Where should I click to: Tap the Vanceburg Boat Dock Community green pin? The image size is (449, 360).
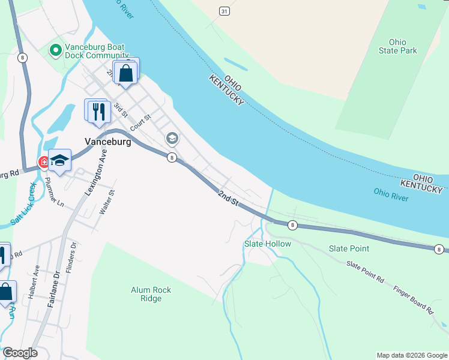[x=56, y=50]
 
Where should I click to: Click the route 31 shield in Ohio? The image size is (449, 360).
[x=224, y=11]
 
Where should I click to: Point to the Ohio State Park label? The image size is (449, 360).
[x=397, y=46]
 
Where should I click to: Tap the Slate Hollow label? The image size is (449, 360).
[x=267, y=244]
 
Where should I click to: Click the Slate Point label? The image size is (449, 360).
[x=349, y=248]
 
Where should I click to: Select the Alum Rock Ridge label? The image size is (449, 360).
[x=151, y=294]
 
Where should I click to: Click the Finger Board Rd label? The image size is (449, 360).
[x=413, y=300]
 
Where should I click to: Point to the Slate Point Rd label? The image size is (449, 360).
[x=365, y=271]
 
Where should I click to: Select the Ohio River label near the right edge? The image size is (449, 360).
[x=391, y=194]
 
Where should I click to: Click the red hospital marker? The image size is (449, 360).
[x=44, y=162]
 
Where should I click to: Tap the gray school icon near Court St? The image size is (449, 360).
[x=172, y=139]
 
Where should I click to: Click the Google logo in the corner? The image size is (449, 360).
[x=20, y=353]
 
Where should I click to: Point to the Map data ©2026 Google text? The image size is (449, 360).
[x=411, y=355]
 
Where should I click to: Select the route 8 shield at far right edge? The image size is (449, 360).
[x=439, y=249]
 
